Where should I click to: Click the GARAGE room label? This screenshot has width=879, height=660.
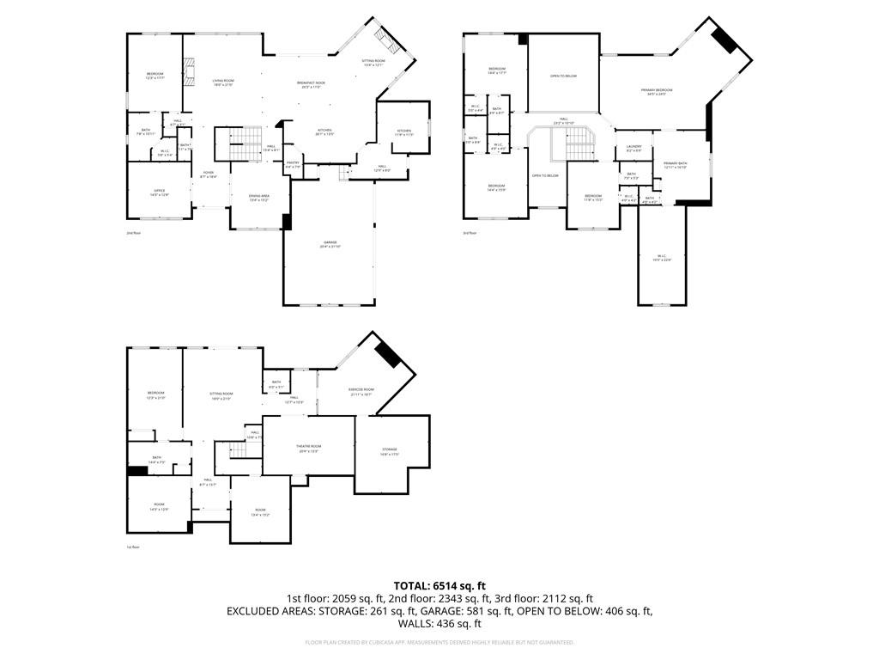pos(330,244)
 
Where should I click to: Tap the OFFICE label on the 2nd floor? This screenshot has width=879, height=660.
pos(159,192)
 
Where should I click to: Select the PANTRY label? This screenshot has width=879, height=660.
pos(293,164)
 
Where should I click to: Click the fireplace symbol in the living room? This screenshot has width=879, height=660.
pos(190,69)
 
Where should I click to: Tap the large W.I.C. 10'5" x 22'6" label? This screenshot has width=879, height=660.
pos(662,258)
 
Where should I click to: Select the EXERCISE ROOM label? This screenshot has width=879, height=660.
pos(361,391)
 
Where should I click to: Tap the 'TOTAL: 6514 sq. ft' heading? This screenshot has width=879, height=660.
pos(439,585)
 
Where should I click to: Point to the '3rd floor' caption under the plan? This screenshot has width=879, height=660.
pos(469,233)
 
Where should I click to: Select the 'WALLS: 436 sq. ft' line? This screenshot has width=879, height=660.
pos(439,624)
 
